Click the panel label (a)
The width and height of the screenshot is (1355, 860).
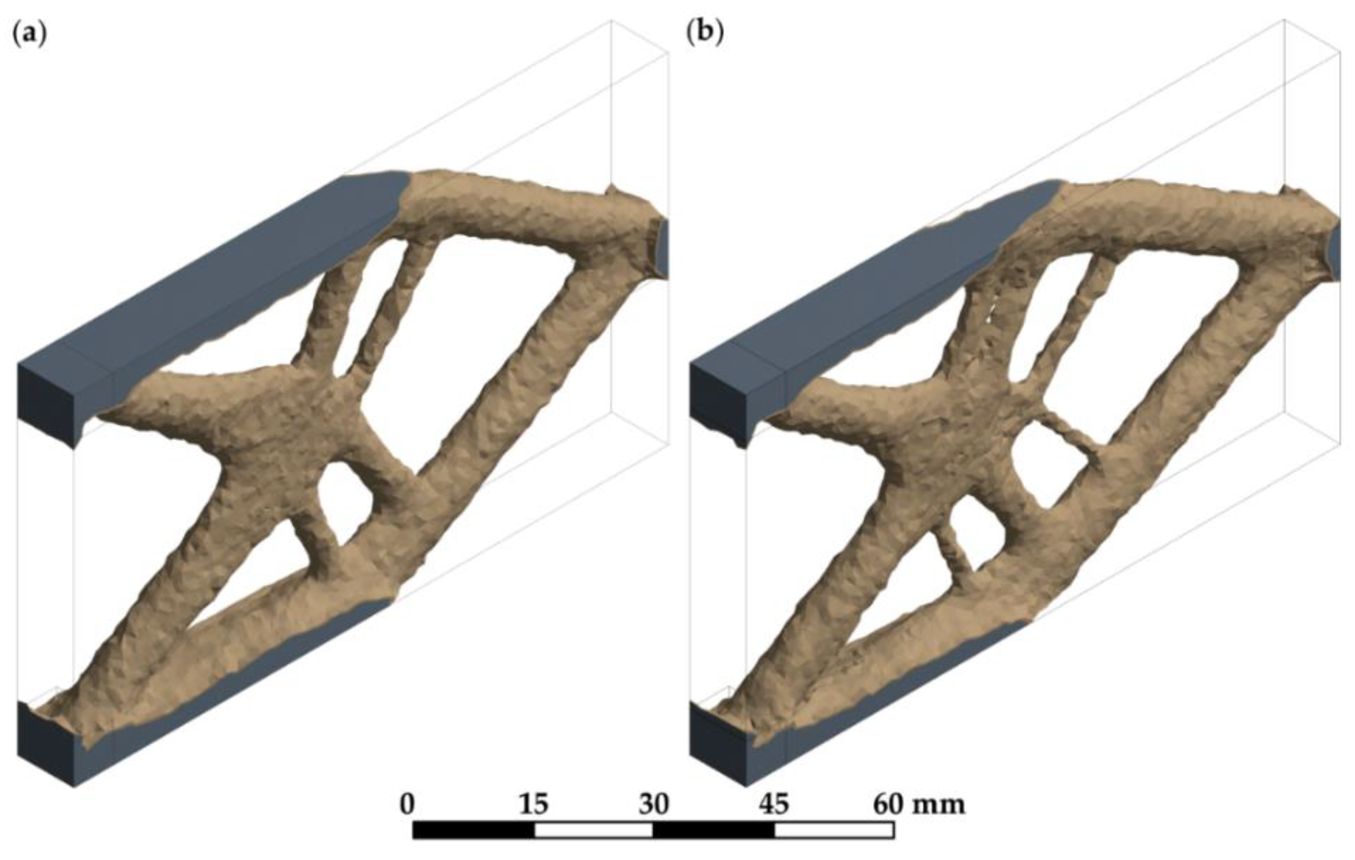coord(29,35)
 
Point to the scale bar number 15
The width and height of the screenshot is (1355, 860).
coord(534,805)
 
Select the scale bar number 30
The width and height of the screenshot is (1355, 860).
coord(654,805)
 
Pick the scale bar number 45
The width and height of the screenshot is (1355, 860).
coord(774,805)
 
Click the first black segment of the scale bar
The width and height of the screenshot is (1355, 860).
coord(473,830)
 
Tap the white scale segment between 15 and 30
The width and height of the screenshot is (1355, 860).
coord(594,830)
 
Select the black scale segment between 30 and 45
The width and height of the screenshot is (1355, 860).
coord(714,830)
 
